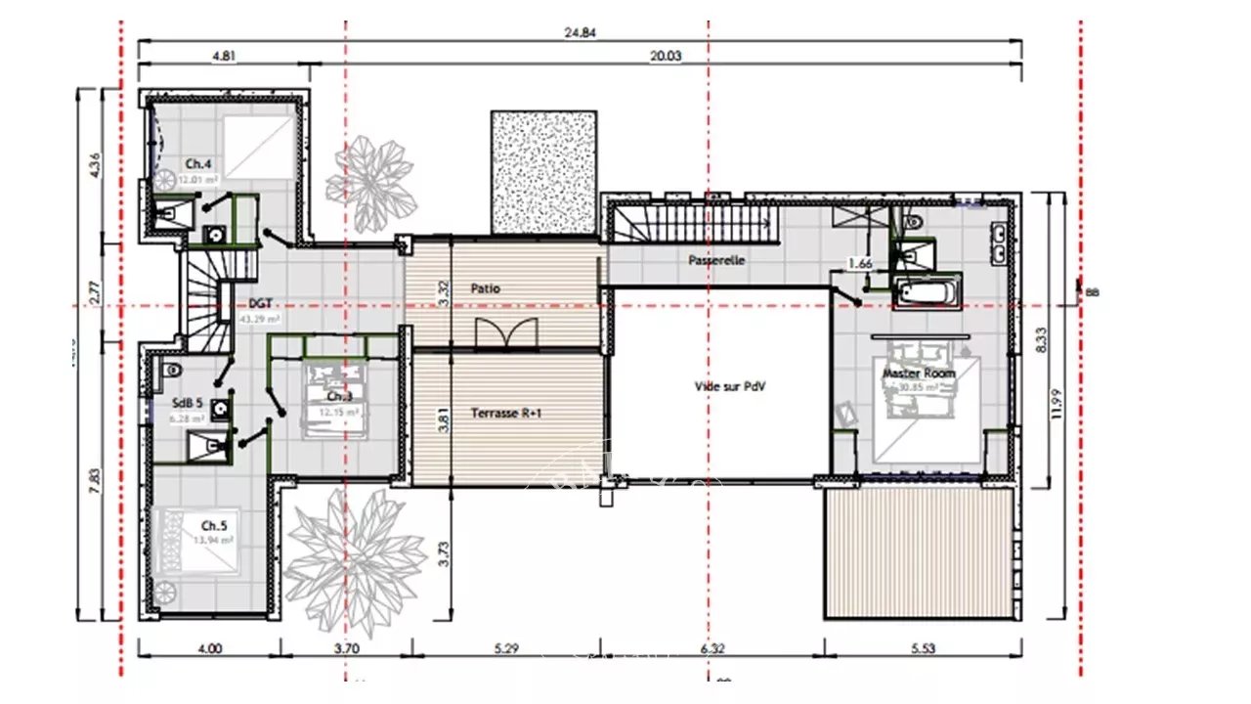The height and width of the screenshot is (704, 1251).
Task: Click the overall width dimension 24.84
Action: pos(581,31)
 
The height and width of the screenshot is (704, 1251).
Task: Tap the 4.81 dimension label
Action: pos(224,56)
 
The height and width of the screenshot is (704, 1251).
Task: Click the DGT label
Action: pos(260,304)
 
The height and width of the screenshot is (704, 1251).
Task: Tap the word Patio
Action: pos(486,289)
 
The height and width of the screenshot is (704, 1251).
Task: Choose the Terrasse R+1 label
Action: pos(506,414)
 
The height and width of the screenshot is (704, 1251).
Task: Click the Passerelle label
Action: pos(716,260)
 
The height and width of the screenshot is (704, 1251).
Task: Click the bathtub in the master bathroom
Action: pos(926,291)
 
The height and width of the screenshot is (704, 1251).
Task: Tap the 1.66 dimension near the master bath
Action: pos(860,263)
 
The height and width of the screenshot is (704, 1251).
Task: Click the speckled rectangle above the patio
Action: pos(543,172)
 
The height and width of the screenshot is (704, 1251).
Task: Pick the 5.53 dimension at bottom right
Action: pos(923,647)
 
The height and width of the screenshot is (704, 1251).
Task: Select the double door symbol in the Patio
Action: pos(505,333)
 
